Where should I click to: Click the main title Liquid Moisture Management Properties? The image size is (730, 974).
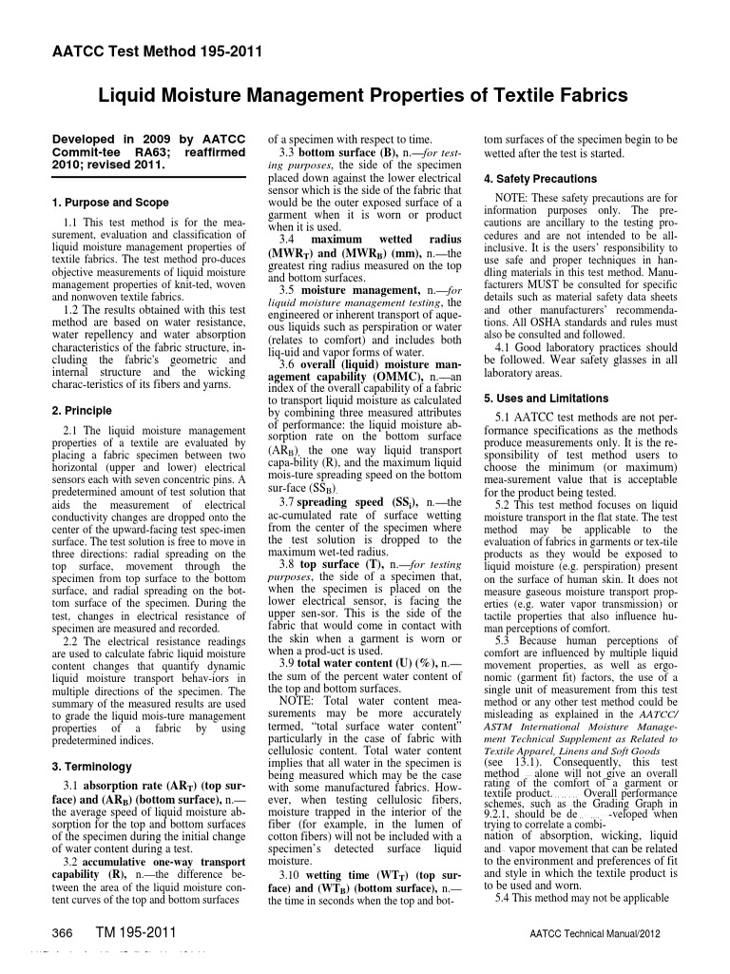coord(364,95)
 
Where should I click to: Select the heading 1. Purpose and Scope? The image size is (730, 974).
coord(110,203)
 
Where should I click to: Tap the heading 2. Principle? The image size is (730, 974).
coord(81,411)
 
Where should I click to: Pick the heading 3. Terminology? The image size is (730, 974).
coord(90,766)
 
